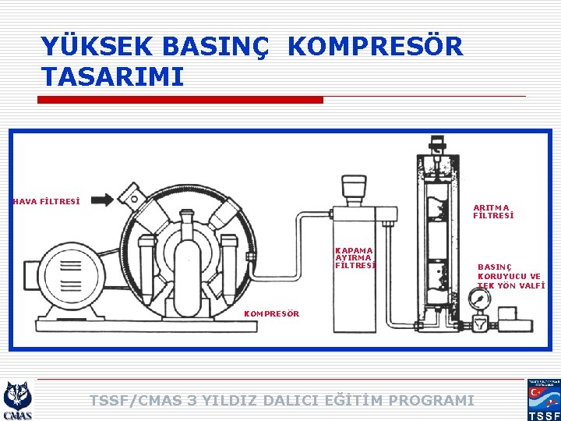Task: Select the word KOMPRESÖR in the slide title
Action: click(375, 47)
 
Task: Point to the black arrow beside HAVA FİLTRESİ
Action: click(102, 200)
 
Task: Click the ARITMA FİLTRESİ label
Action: click(493, 211)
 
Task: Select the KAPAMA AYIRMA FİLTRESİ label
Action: click(355, 257)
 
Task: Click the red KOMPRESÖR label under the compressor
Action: click(272, 313)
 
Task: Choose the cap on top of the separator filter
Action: click(354, 188)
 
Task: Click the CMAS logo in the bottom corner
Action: click(17, 400)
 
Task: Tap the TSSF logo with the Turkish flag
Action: click(544, 400)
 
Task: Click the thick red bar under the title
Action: click(182, 100)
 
